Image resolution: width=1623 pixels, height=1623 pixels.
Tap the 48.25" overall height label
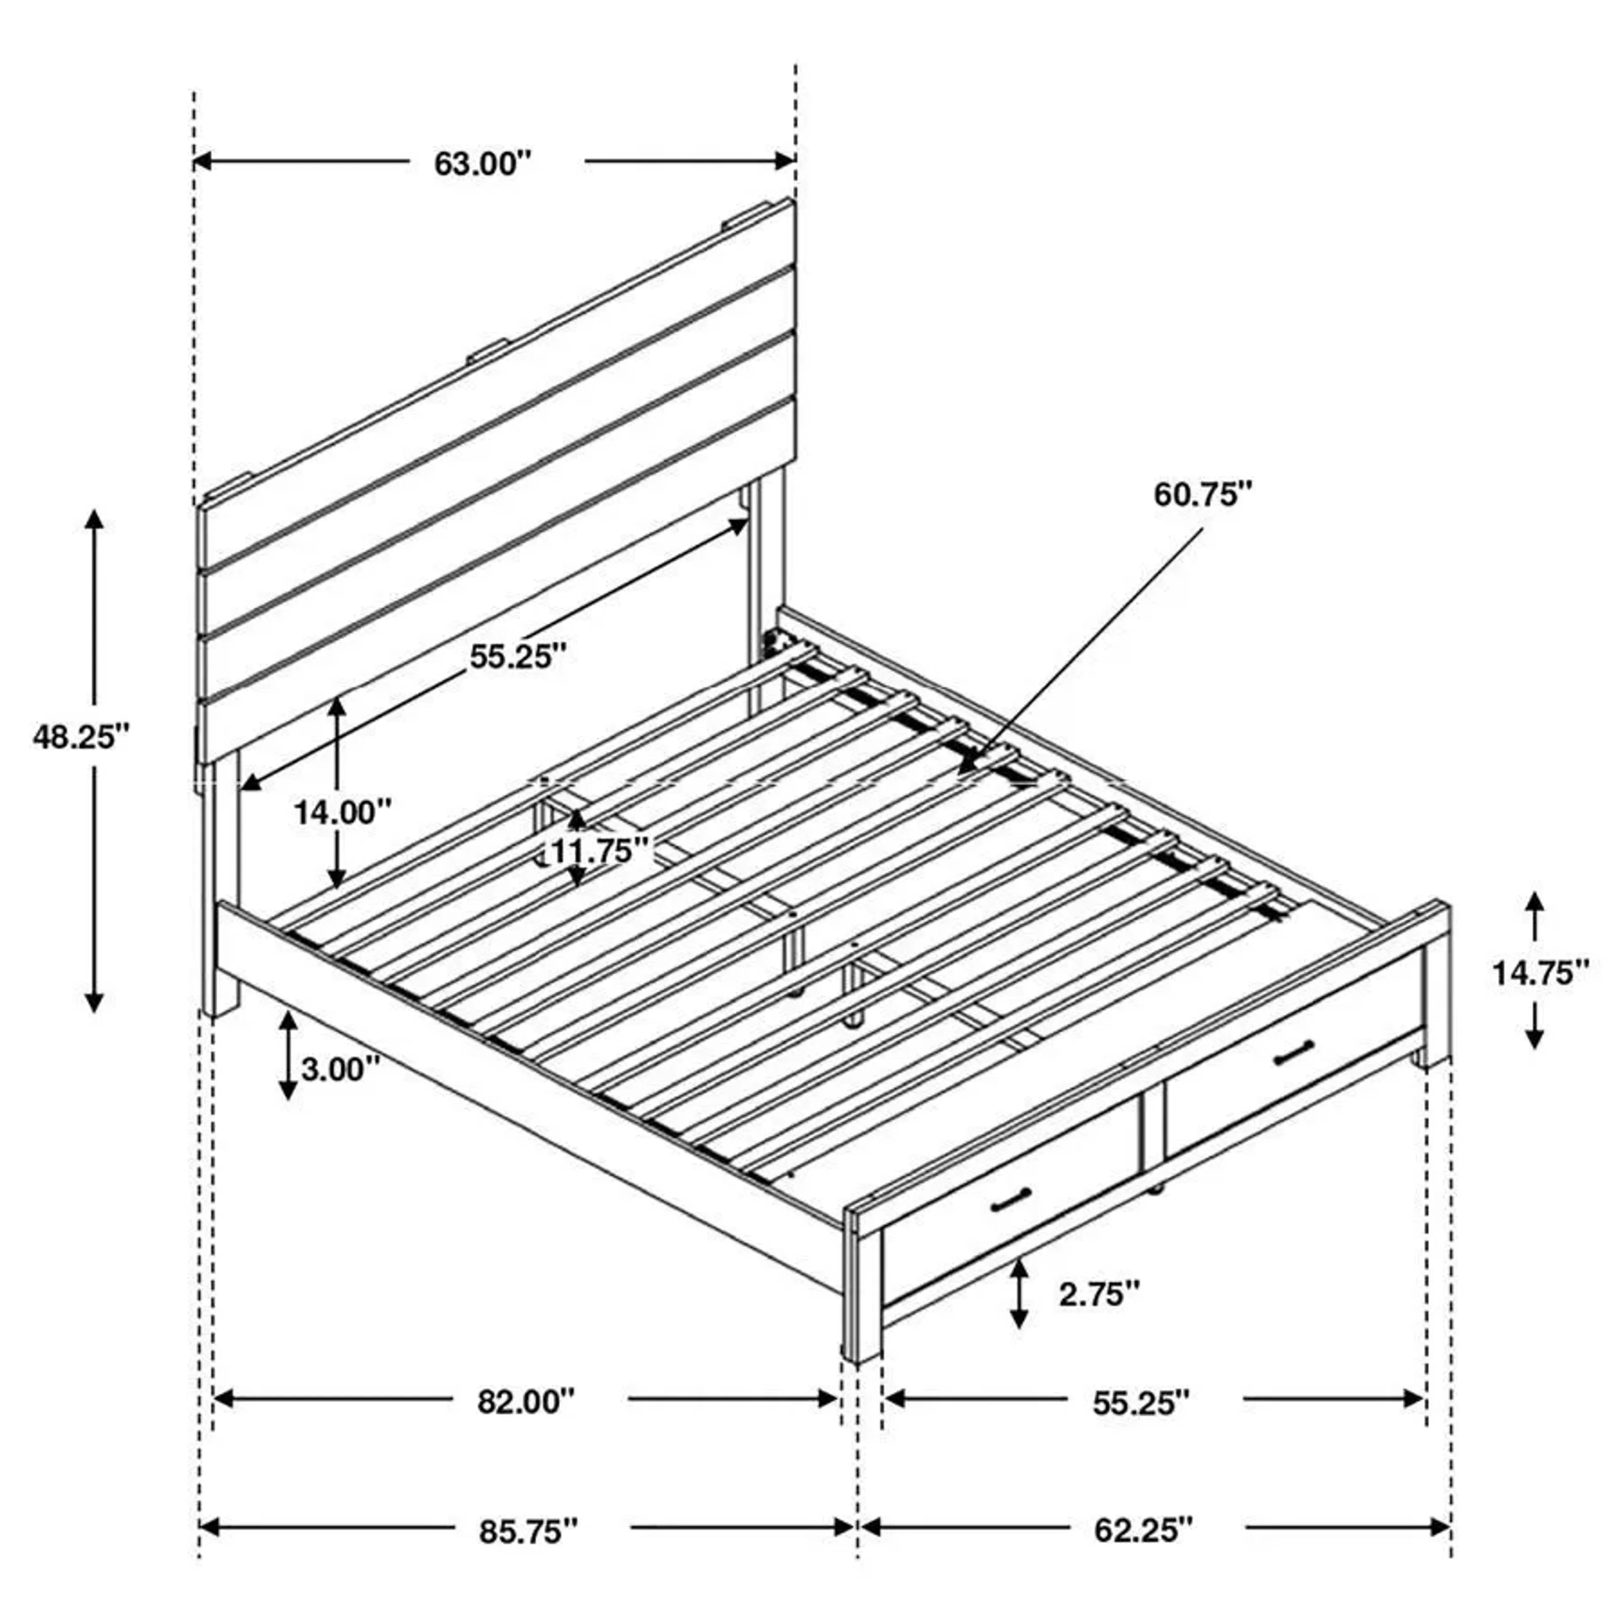(82, 737)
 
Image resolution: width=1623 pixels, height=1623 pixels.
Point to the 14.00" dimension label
(343, 812)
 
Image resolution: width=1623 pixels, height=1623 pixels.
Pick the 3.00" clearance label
(340, 1069)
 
